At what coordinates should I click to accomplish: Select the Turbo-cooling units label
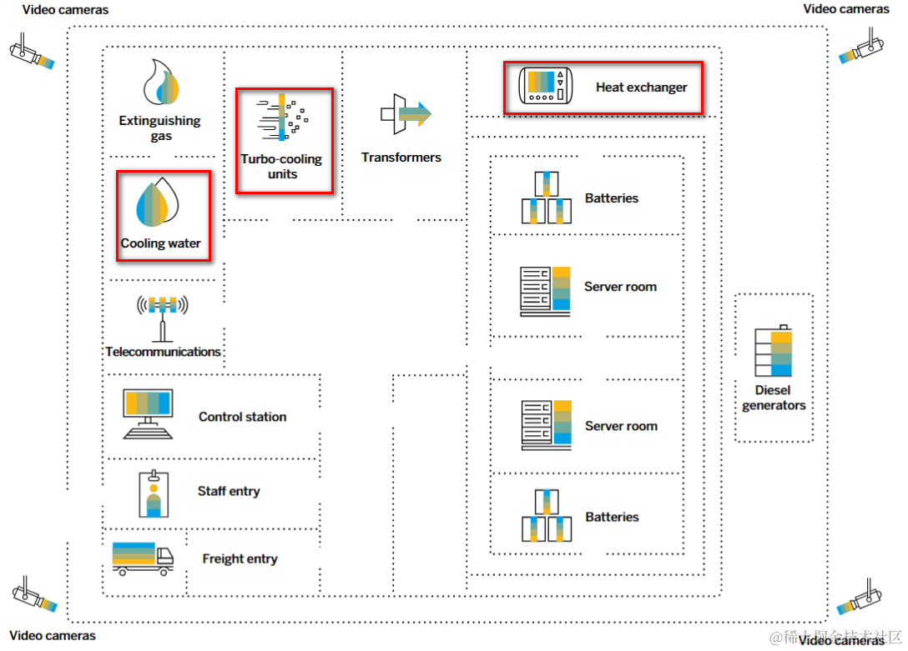(282, 167)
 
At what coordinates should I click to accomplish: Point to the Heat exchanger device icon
(547, 86)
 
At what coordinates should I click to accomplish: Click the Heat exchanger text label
(641, 87)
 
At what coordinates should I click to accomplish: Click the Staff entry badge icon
(154, 493)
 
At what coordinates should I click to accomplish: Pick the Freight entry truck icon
(143, 558)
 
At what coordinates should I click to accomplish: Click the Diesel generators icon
(774, 352)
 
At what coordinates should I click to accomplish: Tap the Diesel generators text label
(774, 398)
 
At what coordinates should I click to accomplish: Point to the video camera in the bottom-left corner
(33, 593)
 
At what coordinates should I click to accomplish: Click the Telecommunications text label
(163, 352)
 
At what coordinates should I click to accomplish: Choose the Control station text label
(242, 417)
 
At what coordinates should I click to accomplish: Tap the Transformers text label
(401, 157)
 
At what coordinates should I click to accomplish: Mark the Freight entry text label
(240, 558)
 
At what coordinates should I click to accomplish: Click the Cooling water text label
(161, 243)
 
